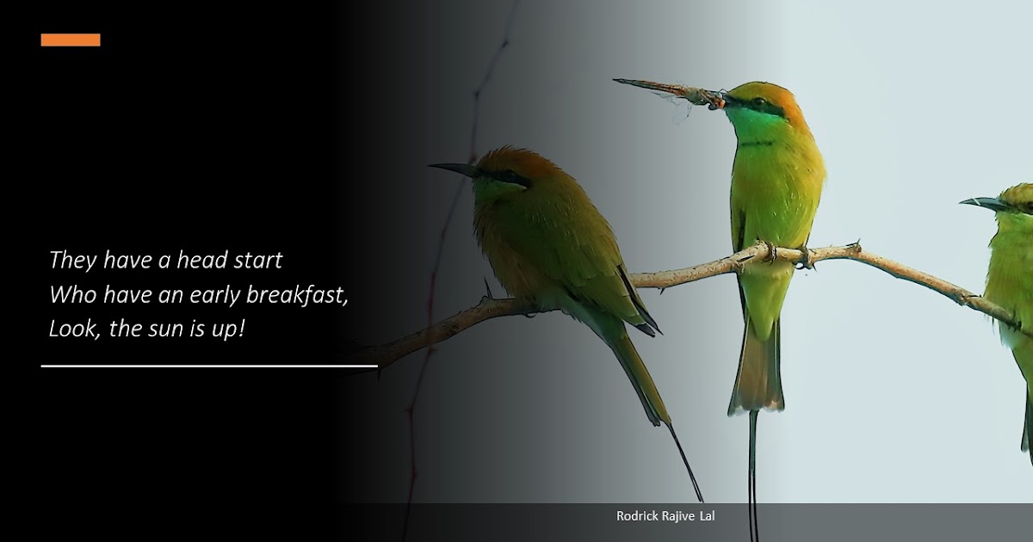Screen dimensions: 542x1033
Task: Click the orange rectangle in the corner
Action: coord(71,40)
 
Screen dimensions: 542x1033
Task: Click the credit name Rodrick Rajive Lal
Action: coord(665,516)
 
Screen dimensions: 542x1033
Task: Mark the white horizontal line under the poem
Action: coord(209,366)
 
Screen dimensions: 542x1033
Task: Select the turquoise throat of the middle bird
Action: coord(747,124)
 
